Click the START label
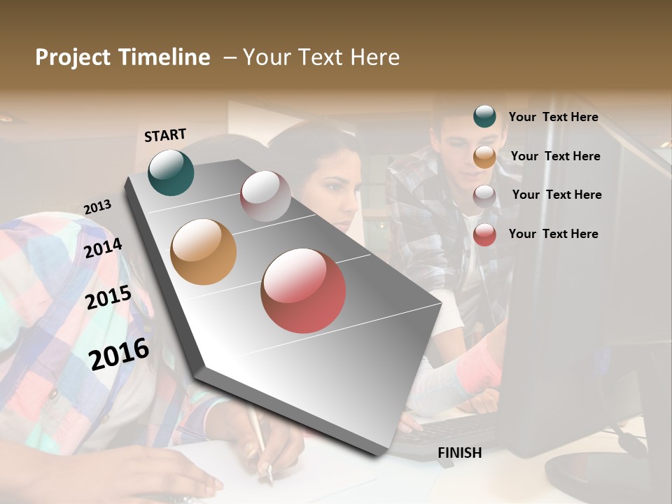point(165,134)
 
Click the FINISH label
point(460,453)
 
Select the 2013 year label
point(97,207)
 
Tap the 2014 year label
point(103,248)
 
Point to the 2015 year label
point(108,297)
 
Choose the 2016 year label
point(119,353)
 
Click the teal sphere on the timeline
point(171,172)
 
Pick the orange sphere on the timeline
point(203,252)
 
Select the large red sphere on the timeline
point(303,290)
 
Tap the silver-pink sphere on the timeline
point(265,196)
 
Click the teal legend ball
point(484,116)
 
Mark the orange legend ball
point(484,157)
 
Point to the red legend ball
point(484,234)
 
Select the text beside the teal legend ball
point(553,117)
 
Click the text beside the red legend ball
point(553,234)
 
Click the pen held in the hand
point(259,441)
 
